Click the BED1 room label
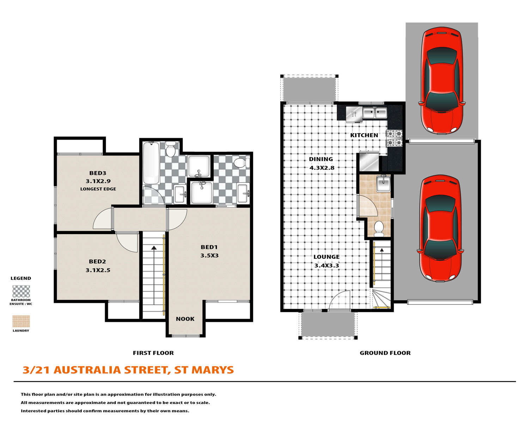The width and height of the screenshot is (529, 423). point(209,247)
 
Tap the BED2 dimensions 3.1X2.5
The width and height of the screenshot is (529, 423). point(98,270)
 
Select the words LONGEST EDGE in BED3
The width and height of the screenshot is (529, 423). point(98,189)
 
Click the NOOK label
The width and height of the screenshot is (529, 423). point(185,319)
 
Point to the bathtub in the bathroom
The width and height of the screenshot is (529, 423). point(151,163)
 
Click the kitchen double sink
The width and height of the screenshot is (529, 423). point(375,113)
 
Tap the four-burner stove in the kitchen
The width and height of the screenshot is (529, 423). point(395,138)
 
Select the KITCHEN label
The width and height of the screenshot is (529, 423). point(364,135)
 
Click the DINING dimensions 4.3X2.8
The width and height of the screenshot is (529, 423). point(322,168)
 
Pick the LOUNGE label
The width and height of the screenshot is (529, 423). point(327,257)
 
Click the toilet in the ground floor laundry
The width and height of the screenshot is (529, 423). point(379,228)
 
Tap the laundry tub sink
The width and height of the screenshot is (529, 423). point(383,183)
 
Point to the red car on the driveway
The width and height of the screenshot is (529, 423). point(442,81)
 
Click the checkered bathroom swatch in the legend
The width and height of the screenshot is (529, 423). point(21,291)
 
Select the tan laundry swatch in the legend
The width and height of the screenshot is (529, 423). point(21,321)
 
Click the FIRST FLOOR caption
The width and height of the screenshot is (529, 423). point(153,353)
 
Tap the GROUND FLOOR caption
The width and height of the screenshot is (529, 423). point(385,353)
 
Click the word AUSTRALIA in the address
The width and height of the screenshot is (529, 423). point(87,370)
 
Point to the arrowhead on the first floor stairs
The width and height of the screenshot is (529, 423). point(154,248)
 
